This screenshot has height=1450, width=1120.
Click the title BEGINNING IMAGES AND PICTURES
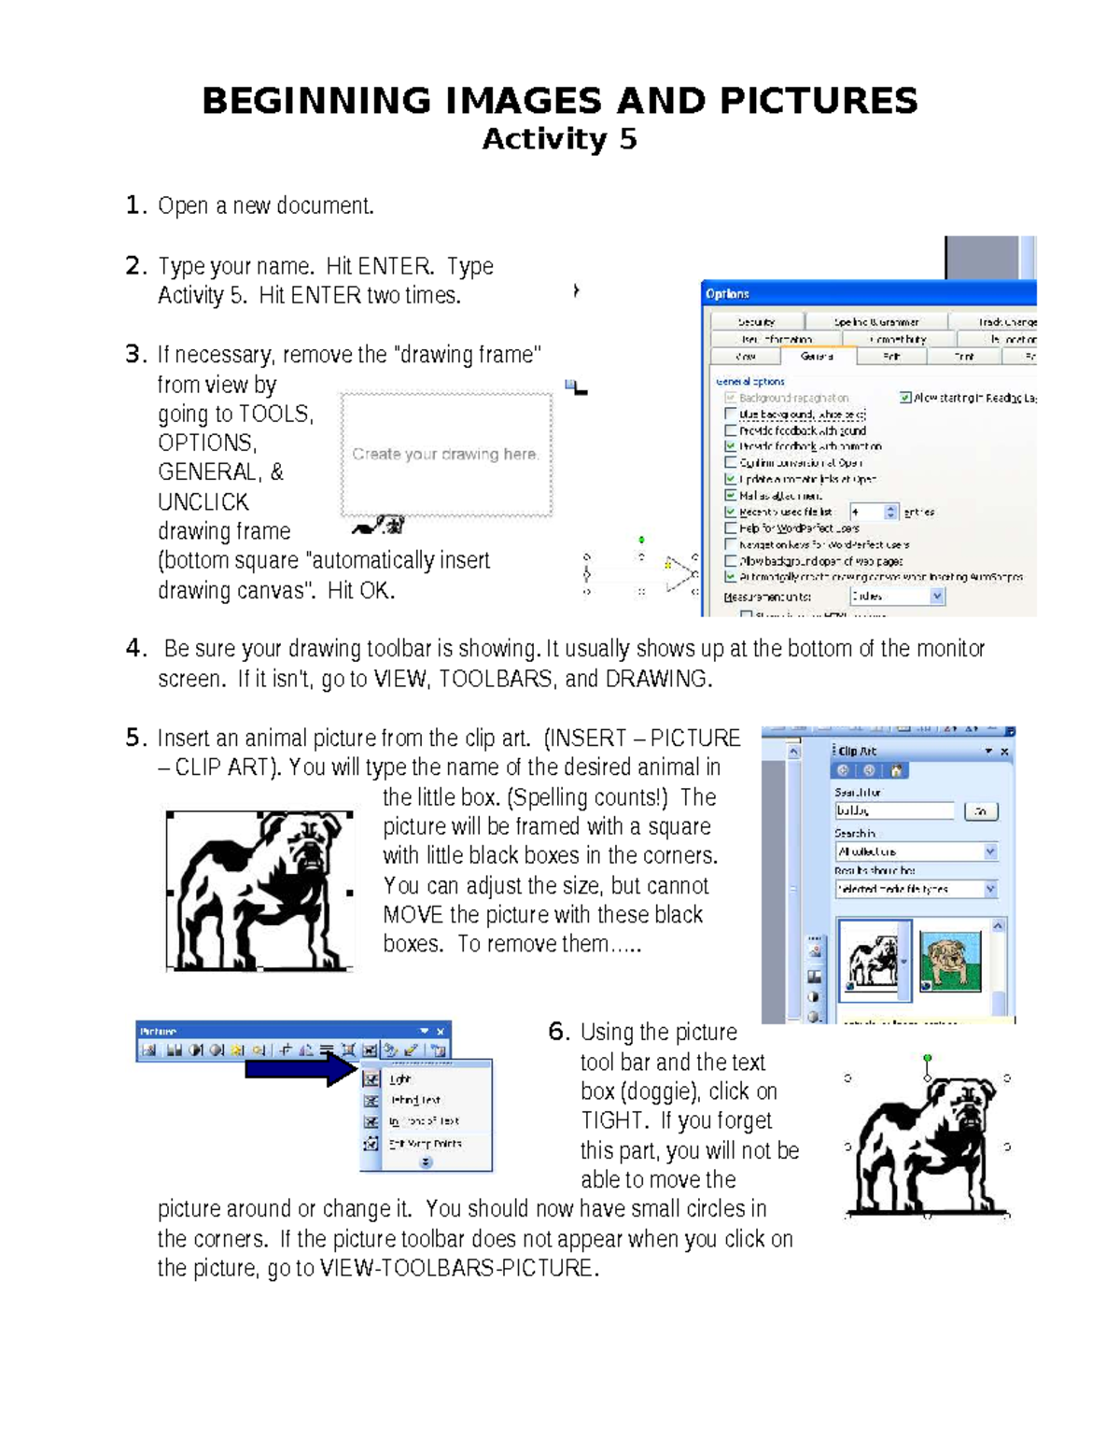[560, 101]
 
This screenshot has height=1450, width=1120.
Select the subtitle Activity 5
[559, 139]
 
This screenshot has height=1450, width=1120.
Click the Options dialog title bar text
[728, 294]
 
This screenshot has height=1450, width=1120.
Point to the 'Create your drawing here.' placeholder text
[445, 455]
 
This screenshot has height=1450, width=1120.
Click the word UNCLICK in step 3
[203, 502]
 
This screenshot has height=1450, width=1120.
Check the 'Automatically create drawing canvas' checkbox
[731, 577]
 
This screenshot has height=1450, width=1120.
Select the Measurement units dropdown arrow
[936, 597]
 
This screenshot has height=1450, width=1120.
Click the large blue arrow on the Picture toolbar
[299, 1069]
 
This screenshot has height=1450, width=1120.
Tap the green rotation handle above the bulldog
[927, 1059]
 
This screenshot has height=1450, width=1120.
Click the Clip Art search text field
[894, 811]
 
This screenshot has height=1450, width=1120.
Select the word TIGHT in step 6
[614, 1120]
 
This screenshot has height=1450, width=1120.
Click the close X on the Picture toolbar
[441, 1031]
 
